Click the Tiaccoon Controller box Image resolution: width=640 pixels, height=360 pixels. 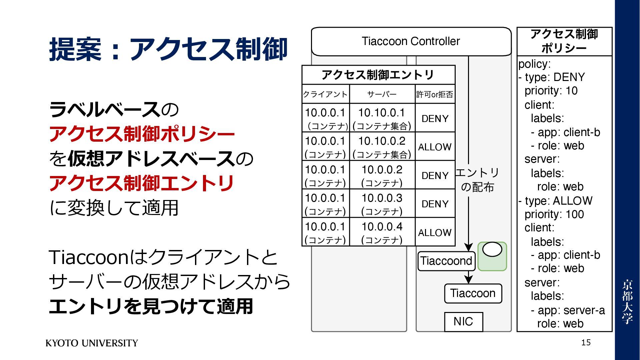tap(411, 41)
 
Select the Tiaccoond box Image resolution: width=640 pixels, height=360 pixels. tap(446, 261)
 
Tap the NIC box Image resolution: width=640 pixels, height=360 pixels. tap(463, 322)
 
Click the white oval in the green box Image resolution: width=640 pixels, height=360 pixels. tap(492, 249)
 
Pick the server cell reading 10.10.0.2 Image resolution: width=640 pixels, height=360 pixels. tap(382, 146)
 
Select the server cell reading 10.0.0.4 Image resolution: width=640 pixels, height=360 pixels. tap(382, 232)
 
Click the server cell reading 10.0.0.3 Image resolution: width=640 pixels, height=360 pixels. tap(382, 203)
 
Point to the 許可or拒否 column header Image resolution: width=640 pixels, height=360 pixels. tap(435, 94)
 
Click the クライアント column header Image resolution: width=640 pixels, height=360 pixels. tap(325, 94)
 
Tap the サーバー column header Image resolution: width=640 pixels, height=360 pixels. tap(382, 94)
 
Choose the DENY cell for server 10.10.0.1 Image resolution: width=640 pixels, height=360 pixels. tap(435, 118)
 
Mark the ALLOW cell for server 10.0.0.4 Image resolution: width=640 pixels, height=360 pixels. tap(435, 232)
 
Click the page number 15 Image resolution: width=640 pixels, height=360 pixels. tap(586, 342)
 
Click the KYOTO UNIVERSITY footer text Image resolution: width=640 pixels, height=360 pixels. tap(92, 343)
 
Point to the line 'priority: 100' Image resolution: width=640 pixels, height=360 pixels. tap(554, 214)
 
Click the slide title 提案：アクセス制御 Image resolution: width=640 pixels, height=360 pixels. tap(168, 49)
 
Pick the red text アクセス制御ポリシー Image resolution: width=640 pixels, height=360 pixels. tap(142, 134)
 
